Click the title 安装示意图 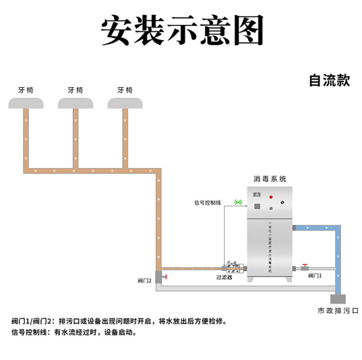point(181,29)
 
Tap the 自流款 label point(329,81)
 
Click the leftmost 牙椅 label point(25,90)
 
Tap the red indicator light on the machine point(271,198)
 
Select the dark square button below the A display point(257,207)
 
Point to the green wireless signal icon point(238,202)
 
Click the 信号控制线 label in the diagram point(207,202)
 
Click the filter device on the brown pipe point(233,268)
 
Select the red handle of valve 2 point(167,279)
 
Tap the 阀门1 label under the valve point(315,276)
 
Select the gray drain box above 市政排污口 point(339,299)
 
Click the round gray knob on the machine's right point(271,209)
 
